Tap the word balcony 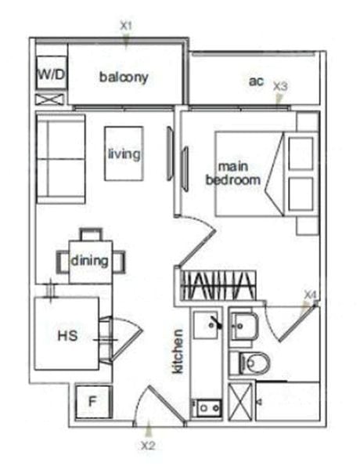pyautogui.click(x=124, y=78)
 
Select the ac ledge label pyautogui.click(x=255, y=81)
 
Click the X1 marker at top pyautogui.click(x=126, y=26)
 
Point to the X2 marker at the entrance pyautogui.click(x=148, y=446)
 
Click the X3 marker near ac pyautogui.click(x=280, y=87)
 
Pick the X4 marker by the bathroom pyautogui.click(x=311, y=295)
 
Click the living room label pyautogui.click(x=124, y=154)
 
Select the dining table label pyautogui.click(x=89, y=260)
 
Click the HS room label pyautogui.click(x=67, y=336)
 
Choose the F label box pyautogui.click(x=92, y=403)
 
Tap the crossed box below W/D pyautogui.click(x=50, y=99)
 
